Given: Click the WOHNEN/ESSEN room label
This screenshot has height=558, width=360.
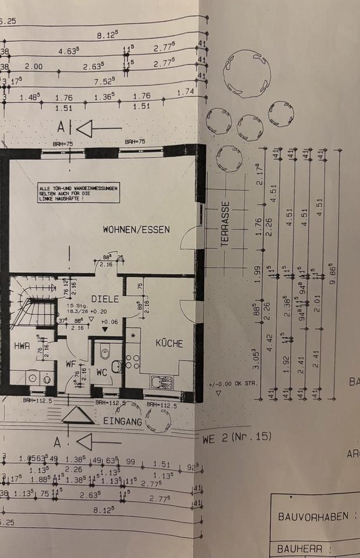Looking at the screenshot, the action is (136, 230).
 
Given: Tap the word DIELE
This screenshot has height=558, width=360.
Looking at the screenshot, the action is (105, 299).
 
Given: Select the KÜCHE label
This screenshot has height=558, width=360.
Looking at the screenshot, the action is (169, 344).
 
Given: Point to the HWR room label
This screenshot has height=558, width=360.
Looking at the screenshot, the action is (22, 346).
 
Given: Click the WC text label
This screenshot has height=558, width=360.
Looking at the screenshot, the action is (102, 371).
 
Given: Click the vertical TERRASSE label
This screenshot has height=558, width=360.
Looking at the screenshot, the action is (226, 224).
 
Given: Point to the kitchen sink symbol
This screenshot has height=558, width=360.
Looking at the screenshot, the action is (161, 381).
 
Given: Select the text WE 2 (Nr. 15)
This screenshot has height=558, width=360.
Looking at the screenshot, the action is (237, 436).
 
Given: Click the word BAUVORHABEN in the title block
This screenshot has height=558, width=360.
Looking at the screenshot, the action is (313, 516).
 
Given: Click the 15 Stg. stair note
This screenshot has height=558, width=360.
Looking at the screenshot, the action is (77, 305).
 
